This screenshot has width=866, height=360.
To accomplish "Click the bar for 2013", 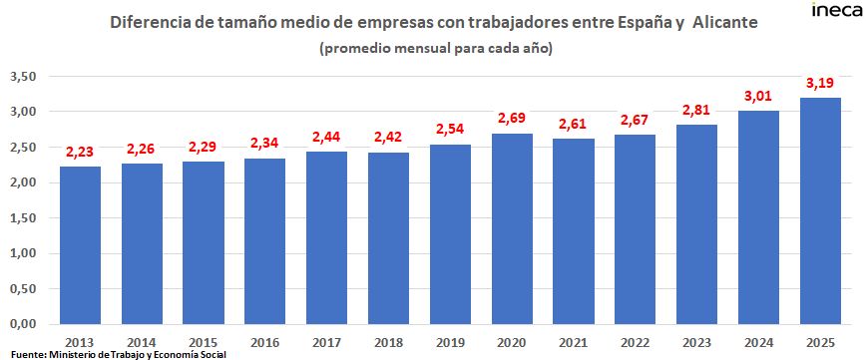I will click(x=80, y=244).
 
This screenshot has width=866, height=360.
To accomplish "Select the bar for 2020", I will click(x=511, y=228).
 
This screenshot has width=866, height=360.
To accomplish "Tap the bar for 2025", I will click(x=820, y=210).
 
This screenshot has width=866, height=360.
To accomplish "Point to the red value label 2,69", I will click(x=511, y=119).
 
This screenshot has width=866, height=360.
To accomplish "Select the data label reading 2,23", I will click(x=80, y=152).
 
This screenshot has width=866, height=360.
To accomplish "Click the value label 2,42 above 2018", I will click(x=388, y=138).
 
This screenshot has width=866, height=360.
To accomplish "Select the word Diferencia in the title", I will click(x=153, y=22).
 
